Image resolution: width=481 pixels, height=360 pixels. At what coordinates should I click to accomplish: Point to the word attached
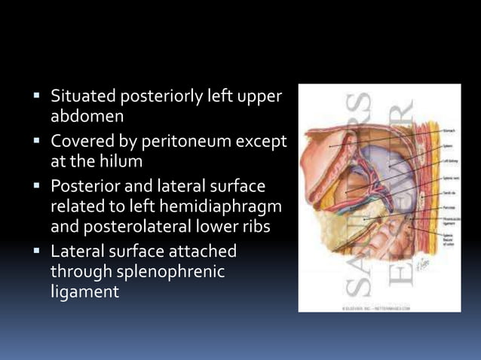pos(201,251)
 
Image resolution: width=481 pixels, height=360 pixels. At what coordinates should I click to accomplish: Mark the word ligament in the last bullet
pos(84,291)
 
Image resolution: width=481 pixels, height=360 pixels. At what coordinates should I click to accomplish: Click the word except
pos(261,141)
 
